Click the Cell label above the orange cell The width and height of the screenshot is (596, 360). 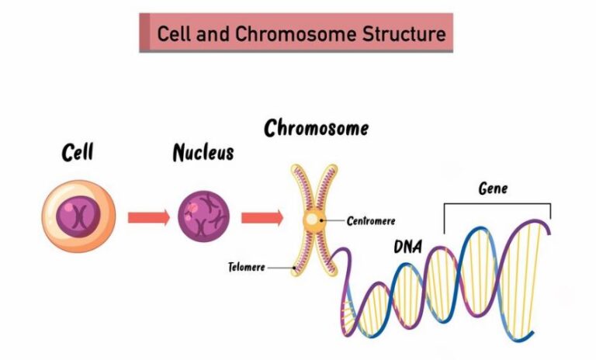click(78, 153)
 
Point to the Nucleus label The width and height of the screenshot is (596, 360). click(203, 152)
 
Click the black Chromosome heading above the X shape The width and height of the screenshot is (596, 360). click(316, 128)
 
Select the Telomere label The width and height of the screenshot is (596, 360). click(246, 268)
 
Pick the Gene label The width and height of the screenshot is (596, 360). click(493, 189)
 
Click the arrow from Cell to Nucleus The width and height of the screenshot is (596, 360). click(148, 217)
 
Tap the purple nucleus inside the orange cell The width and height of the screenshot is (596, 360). click(78, 217)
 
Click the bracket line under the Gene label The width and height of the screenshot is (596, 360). click(497, 204)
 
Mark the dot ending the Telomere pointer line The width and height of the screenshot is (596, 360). click(293, 268)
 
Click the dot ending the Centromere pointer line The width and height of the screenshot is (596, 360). click(324, 221)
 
